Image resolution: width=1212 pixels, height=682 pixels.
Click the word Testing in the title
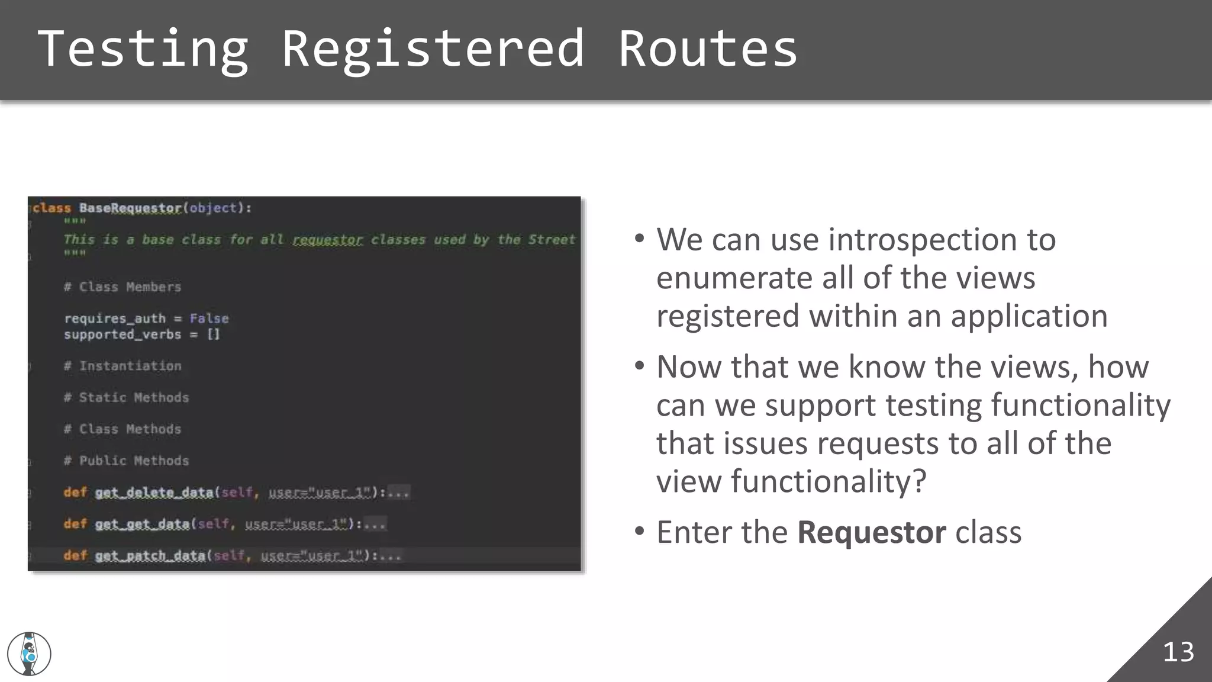[x=143, y=49]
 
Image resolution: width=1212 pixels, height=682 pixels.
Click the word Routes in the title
[x=708, y=49]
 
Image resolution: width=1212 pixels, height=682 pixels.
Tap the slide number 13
[x=1178, y=652]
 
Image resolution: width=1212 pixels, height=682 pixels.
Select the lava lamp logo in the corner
[x=29, y=654]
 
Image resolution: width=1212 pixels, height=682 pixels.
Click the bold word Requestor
[x=871, y=532]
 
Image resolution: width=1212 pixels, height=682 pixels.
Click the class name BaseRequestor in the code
[x=130, y=208]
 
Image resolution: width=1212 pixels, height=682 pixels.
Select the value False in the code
[x=209, y=319]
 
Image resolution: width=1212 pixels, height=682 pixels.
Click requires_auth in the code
[x=115, y=319]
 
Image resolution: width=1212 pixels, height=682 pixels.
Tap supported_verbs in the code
[x=123, y=334]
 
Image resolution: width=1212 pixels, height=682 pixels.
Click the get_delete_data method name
[x=154, y=493]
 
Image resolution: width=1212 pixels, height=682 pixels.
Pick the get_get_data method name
[x=142, y=524]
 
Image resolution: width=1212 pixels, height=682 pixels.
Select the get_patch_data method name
[x=150, y=555]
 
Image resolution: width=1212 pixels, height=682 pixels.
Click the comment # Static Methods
[x=127, y=397]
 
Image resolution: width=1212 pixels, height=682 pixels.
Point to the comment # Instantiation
[x=123, y=366]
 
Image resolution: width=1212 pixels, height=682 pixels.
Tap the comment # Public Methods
[x=127, y=461]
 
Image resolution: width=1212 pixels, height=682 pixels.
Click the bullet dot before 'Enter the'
[x=639, y=531]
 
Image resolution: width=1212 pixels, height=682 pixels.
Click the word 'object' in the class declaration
[x=213, y=208]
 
